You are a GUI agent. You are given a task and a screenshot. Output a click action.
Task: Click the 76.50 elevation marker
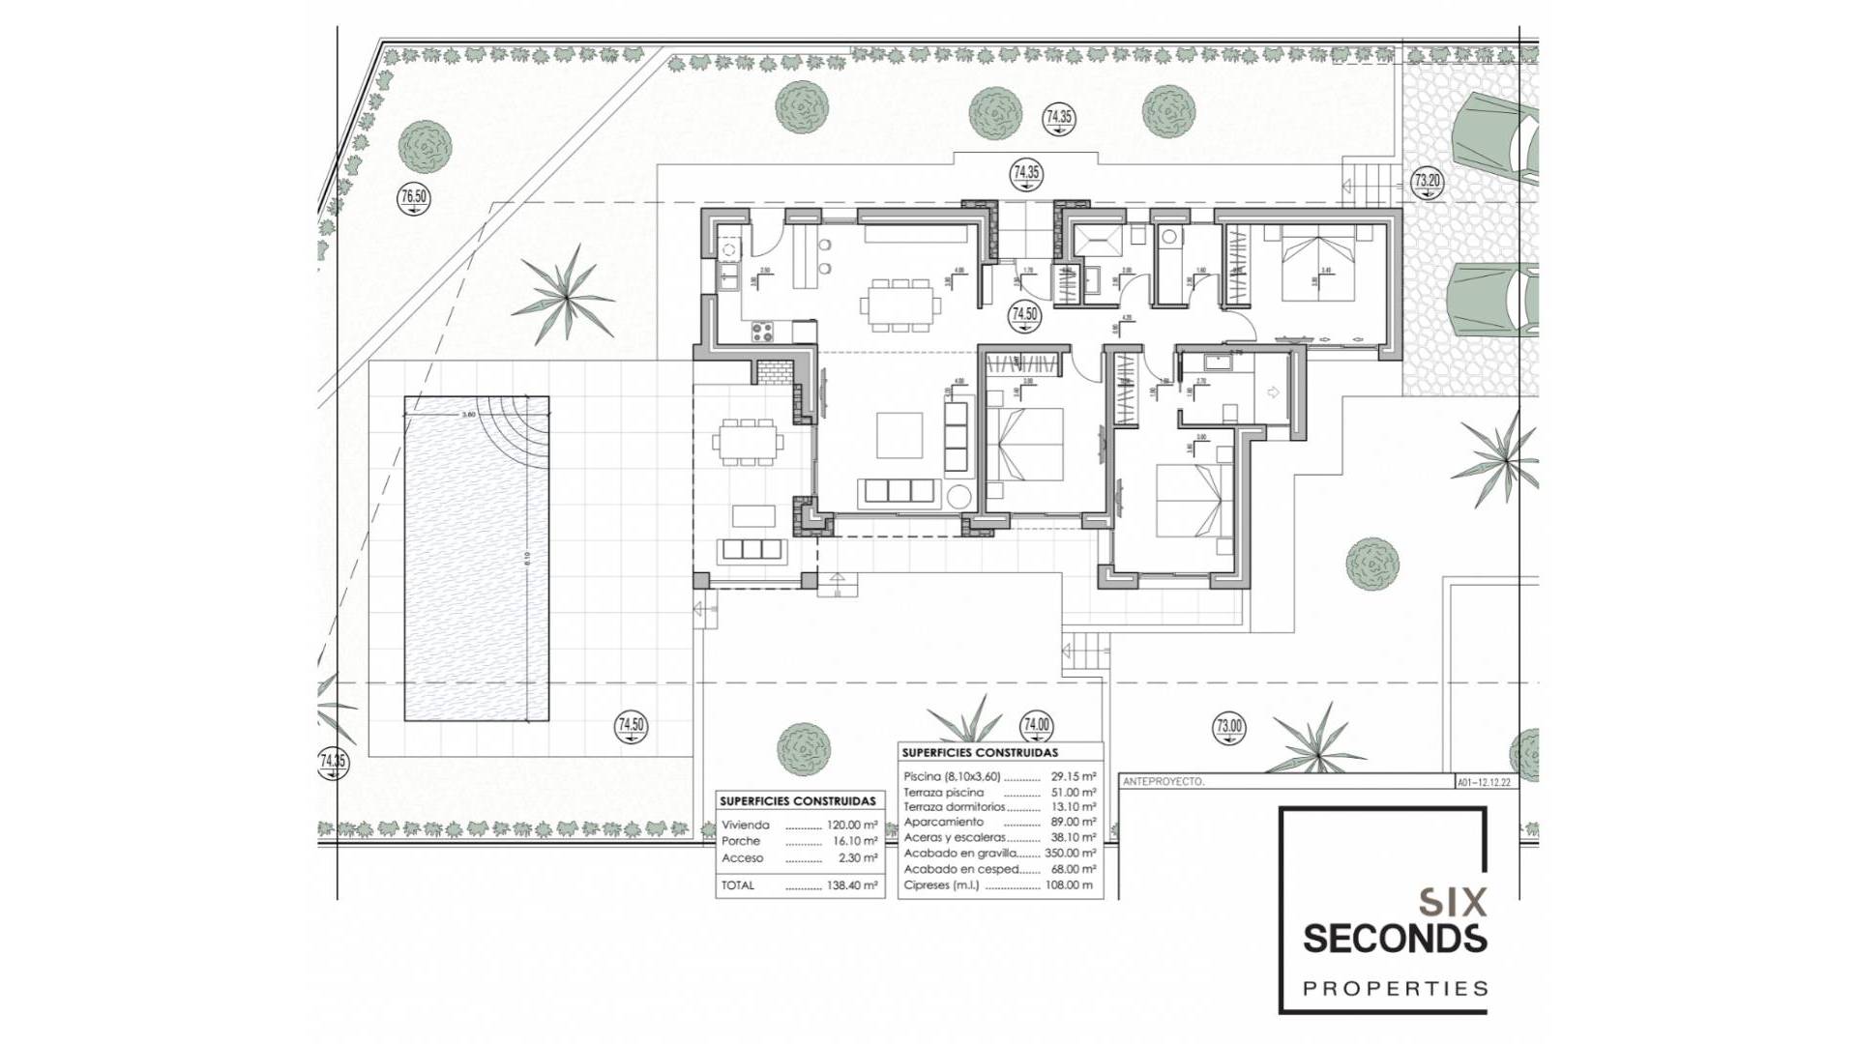(413, 197)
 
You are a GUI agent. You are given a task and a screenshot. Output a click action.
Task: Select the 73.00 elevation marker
(1229, 726)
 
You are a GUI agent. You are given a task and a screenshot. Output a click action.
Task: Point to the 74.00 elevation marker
(1036, 725)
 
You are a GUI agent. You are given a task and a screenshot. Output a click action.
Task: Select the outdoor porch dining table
(749, 445)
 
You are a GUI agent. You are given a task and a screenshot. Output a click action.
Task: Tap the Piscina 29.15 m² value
(1074, 776)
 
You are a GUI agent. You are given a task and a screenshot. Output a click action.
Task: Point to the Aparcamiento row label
(943, 822)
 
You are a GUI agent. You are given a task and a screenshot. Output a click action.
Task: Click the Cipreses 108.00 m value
(1071, 884)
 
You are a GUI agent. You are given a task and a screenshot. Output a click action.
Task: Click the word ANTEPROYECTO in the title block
(1164, 782)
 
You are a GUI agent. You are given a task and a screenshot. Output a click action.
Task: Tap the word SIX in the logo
(1451, 903)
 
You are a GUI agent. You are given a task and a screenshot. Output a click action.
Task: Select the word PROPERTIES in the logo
(1395, 989)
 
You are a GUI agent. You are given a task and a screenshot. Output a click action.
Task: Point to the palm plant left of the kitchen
(563, 295)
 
